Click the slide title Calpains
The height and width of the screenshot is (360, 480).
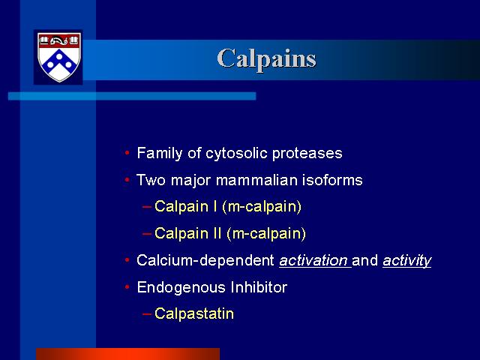coord(267,59)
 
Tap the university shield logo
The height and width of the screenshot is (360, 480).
coord(58,57)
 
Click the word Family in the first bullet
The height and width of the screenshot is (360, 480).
coord(160,153)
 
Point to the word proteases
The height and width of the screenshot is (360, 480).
coord(307,153)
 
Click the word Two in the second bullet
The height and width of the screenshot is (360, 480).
coord(151,180)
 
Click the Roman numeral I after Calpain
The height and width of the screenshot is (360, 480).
coord(214,206)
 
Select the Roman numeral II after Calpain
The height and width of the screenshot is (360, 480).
coord(217,233)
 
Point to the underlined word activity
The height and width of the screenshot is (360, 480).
coord(406,260)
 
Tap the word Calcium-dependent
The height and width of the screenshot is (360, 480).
coord(205,260)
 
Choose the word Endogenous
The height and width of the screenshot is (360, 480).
coord(181,287)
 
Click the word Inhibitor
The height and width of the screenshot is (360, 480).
coord(259,287)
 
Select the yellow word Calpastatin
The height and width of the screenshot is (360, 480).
coord(194,313)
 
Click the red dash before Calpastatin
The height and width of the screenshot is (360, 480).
coord(147,314)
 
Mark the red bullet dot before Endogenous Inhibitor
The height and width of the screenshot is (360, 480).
coord(127,286)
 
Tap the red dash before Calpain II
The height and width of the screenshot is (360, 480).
coord(147,233)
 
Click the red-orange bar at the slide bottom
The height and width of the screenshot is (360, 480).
coord(128,354)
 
